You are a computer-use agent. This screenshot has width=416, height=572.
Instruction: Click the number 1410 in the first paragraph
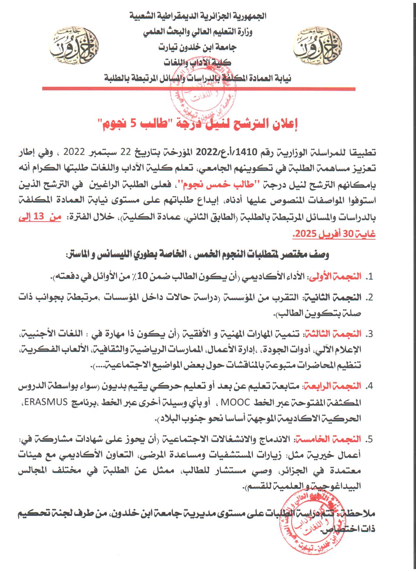251,152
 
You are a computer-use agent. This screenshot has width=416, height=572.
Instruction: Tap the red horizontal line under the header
199,88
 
